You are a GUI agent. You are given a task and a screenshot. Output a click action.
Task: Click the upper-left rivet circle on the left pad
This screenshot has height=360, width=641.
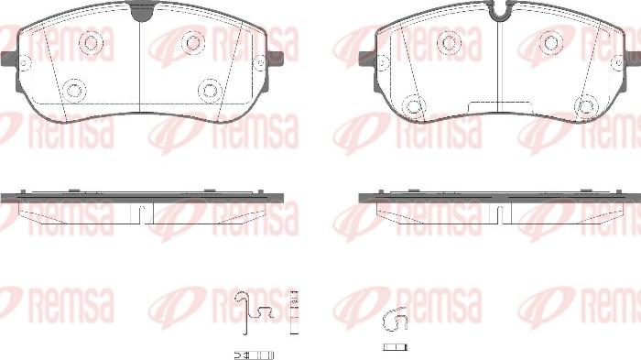point(91,42)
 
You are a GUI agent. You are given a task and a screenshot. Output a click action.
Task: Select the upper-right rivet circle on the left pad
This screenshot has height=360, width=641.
point(193,42)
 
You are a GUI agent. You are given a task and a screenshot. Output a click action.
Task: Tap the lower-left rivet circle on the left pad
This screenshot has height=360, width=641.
point(75,90)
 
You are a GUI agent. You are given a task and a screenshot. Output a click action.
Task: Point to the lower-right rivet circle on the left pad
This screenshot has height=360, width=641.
point(210,90)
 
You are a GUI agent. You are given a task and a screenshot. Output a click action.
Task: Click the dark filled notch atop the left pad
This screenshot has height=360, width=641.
point(141,12)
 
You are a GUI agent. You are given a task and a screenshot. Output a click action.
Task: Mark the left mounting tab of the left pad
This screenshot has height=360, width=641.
point(8,60)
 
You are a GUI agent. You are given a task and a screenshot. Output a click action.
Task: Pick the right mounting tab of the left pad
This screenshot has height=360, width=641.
point(276,59)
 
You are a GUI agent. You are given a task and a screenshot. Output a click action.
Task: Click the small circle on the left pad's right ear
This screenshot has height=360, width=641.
point(260,63)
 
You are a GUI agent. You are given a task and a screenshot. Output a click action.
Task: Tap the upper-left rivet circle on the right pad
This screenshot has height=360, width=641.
point(449,42)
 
